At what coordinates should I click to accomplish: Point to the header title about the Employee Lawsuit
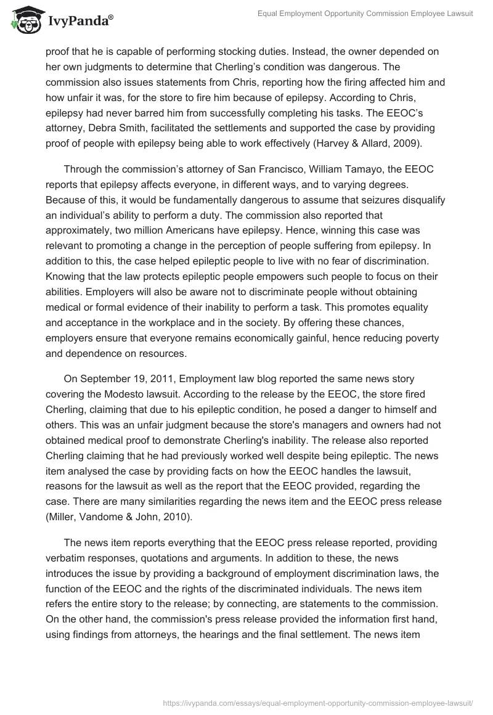[365, 14]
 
